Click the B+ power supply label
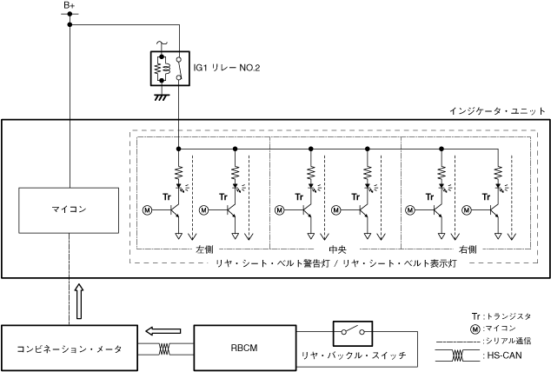[70, 6]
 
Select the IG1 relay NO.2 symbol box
[169, 67]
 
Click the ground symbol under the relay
[160, 96]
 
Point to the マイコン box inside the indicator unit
[69, 209]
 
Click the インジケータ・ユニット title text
[497, 111]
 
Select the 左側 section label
[205, 249]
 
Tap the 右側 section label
[467, 249]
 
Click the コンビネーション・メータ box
[69, 348]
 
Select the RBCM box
[244, 348]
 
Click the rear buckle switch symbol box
[352, 333]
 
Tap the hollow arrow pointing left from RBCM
[164, 330]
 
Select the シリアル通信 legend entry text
[508, 342]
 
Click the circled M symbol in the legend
[475, 329]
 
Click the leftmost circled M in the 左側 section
[147, 209]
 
